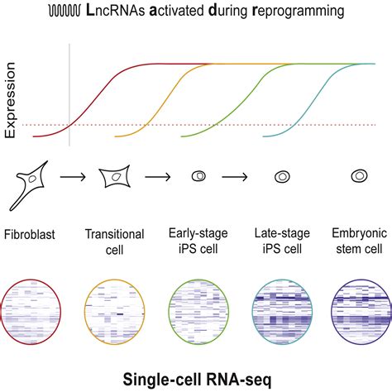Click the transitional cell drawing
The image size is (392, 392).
pyautogui.click(x=115, y=177)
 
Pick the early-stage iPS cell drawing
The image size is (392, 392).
pyautogui.click(x=198, y=177)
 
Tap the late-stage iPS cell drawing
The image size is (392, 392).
pyautogui.click(x=282, y=177)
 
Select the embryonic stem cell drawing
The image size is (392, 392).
pyautogui.click(x=361, y=177)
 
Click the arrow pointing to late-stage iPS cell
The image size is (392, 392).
pyautogui.click(x=240, y=177)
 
